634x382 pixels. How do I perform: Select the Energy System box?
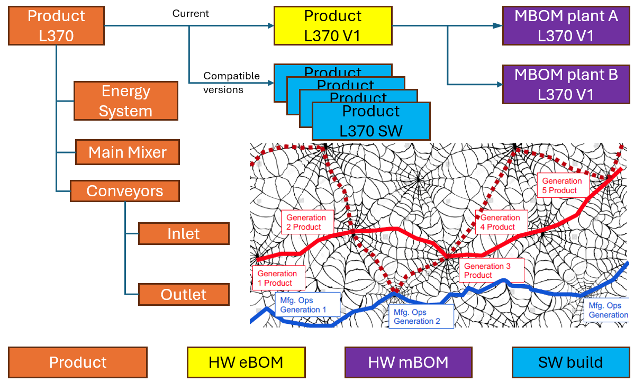tap(125, 101)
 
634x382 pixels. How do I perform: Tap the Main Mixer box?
tap(128, 152)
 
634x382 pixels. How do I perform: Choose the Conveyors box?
tap(125, 191)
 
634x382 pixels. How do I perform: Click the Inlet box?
tap(184, 234)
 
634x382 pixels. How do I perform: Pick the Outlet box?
tap(184, 295)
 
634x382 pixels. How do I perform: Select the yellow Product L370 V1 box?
tap(333, 25)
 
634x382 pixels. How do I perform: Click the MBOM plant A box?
tap(566, 25)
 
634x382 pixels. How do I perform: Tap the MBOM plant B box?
tap(566, 84)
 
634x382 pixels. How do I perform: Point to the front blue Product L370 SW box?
tap(371, 121)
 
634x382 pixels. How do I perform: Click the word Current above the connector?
tap(191, 13)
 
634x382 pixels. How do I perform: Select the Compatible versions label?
tap(231, 83)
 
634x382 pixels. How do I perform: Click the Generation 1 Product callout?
tap(278, 278)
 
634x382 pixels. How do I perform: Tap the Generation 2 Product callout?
tap(307, 222)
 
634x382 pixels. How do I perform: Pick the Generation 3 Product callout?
tap(491, 270)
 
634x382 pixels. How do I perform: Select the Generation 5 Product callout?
tap(562, 185)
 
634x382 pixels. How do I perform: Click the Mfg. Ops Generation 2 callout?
tap(420, 316)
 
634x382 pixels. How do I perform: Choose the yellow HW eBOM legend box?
tap(246, 362)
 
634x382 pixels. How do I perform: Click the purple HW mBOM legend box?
tap(408, 362)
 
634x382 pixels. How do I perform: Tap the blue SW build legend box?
tap(570, 362)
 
